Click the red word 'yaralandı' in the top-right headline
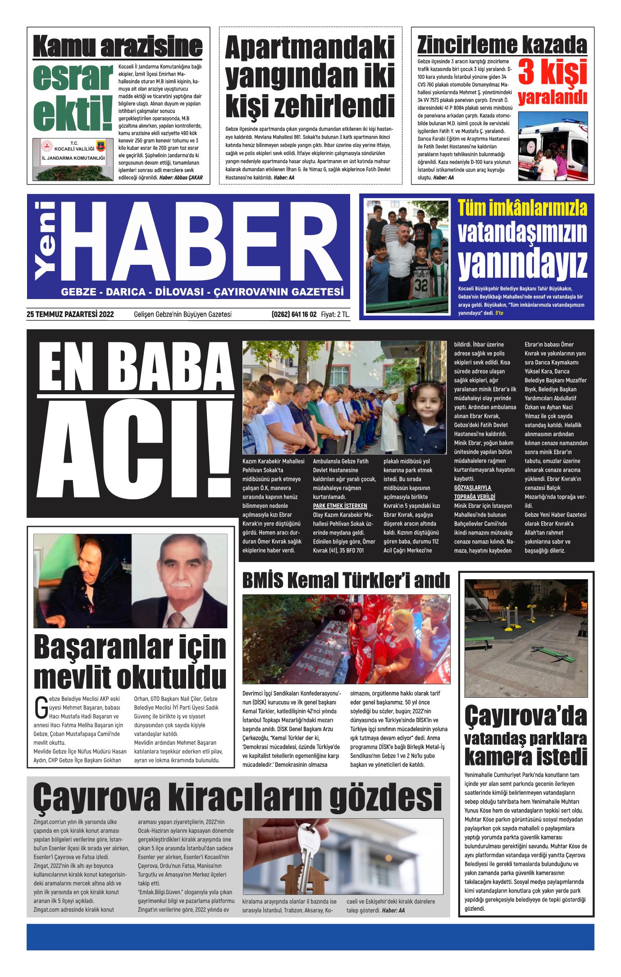point(553,97)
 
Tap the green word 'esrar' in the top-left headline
point(73,77)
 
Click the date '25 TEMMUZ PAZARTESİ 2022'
point(70,314)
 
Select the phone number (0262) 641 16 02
point(294,314)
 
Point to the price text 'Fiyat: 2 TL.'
point(335,314)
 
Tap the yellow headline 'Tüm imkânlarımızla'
point(522,208)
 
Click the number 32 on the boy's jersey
point(421,285)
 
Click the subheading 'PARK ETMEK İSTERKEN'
point(340,506)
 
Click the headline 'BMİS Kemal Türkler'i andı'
point(346,581)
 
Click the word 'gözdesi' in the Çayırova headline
point(385,797)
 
